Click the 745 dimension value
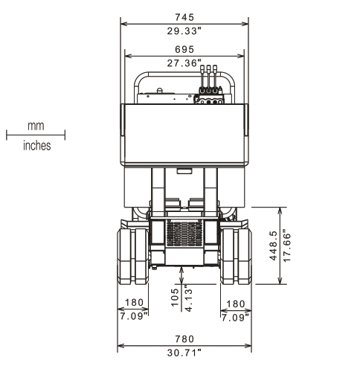[184, 17]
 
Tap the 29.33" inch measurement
[184, 31]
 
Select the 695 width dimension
[184, 49]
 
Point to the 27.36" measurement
[184, 63]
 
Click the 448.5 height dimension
[273, 245]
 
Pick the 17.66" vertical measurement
[286, 247]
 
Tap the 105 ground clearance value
[175, 297]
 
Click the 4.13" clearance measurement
[189, 298]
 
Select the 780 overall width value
[184, 338]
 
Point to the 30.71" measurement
[184, 353]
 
